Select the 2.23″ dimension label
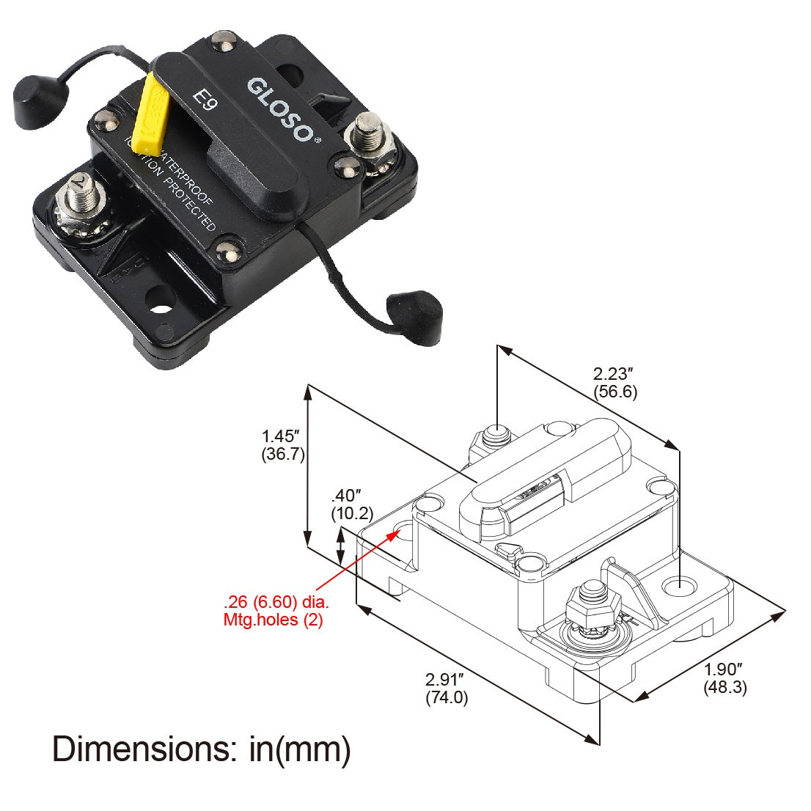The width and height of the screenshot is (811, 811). (614, 374)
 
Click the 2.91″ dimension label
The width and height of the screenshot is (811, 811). (446, 680)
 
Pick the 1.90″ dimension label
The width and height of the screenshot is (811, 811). (724, 669)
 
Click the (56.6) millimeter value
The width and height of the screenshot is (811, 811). (614, 392)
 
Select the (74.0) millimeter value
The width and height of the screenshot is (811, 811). (446, 697)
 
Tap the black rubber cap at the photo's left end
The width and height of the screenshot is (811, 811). (32, 94)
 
